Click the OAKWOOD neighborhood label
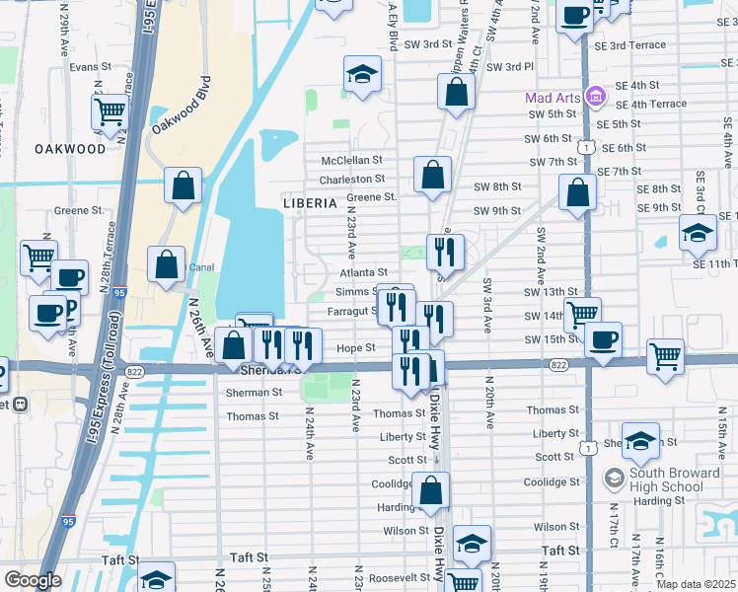click(69, 149)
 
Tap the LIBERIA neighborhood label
click(302, 202)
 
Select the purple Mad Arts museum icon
click(595, 98)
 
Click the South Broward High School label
click(666, 480)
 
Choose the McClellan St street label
click(352, 160)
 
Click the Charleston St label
click(351, 180)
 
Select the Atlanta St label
click(364, 272)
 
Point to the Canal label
click(201, 266)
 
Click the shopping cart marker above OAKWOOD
click(111, 111)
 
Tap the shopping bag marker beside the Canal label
click(166, 264)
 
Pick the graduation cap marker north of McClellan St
click(362, 75)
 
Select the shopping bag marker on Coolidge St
click(431, 489)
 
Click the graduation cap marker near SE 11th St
click(698, 234)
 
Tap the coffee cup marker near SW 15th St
click(603, 340)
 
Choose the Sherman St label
click(255, 392)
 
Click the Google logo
click(32, 580)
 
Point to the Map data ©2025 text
click(696, 584)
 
